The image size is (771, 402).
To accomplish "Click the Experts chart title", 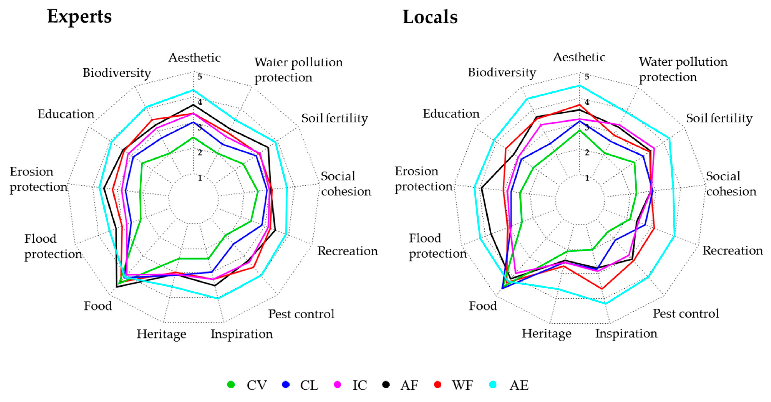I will click(79, 16).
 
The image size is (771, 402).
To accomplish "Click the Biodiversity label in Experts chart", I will click(117, 73).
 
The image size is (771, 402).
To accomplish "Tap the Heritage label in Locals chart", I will click(547, 334).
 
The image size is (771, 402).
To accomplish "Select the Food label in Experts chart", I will click(98, 306).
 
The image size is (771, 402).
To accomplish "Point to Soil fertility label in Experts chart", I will click(334, 118).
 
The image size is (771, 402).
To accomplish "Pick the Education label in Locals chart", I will click(451, 114).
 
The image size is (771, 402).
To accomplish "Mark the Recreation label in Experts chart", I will click(348, 251).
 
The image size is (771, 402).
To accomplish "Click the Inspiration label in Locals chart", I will click(626, 334).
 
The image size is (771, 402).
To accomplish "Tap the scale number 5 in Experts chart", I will click(200, 77).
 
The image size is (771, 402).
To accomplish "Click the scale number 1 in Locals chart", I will click(587, 178).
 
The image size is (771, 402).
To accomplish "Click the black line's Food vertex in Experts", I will click(116, 287).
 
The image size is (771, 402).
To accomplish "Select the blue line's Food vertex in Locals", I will click(502, 288).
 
